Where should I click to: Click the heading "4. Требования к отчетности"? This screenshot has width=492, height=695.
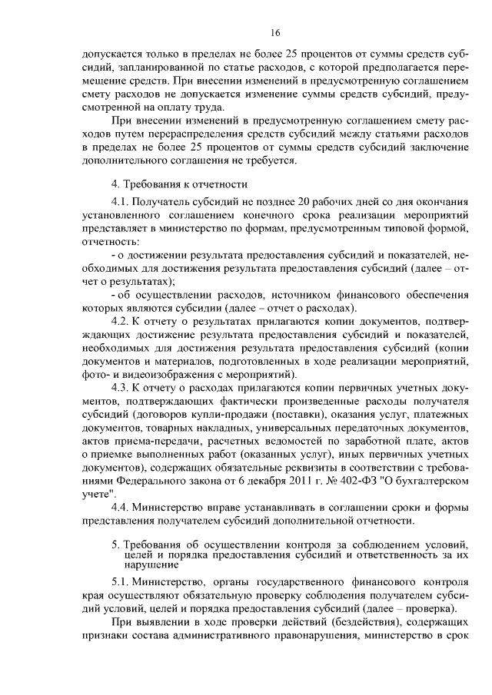click(178, 184)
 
